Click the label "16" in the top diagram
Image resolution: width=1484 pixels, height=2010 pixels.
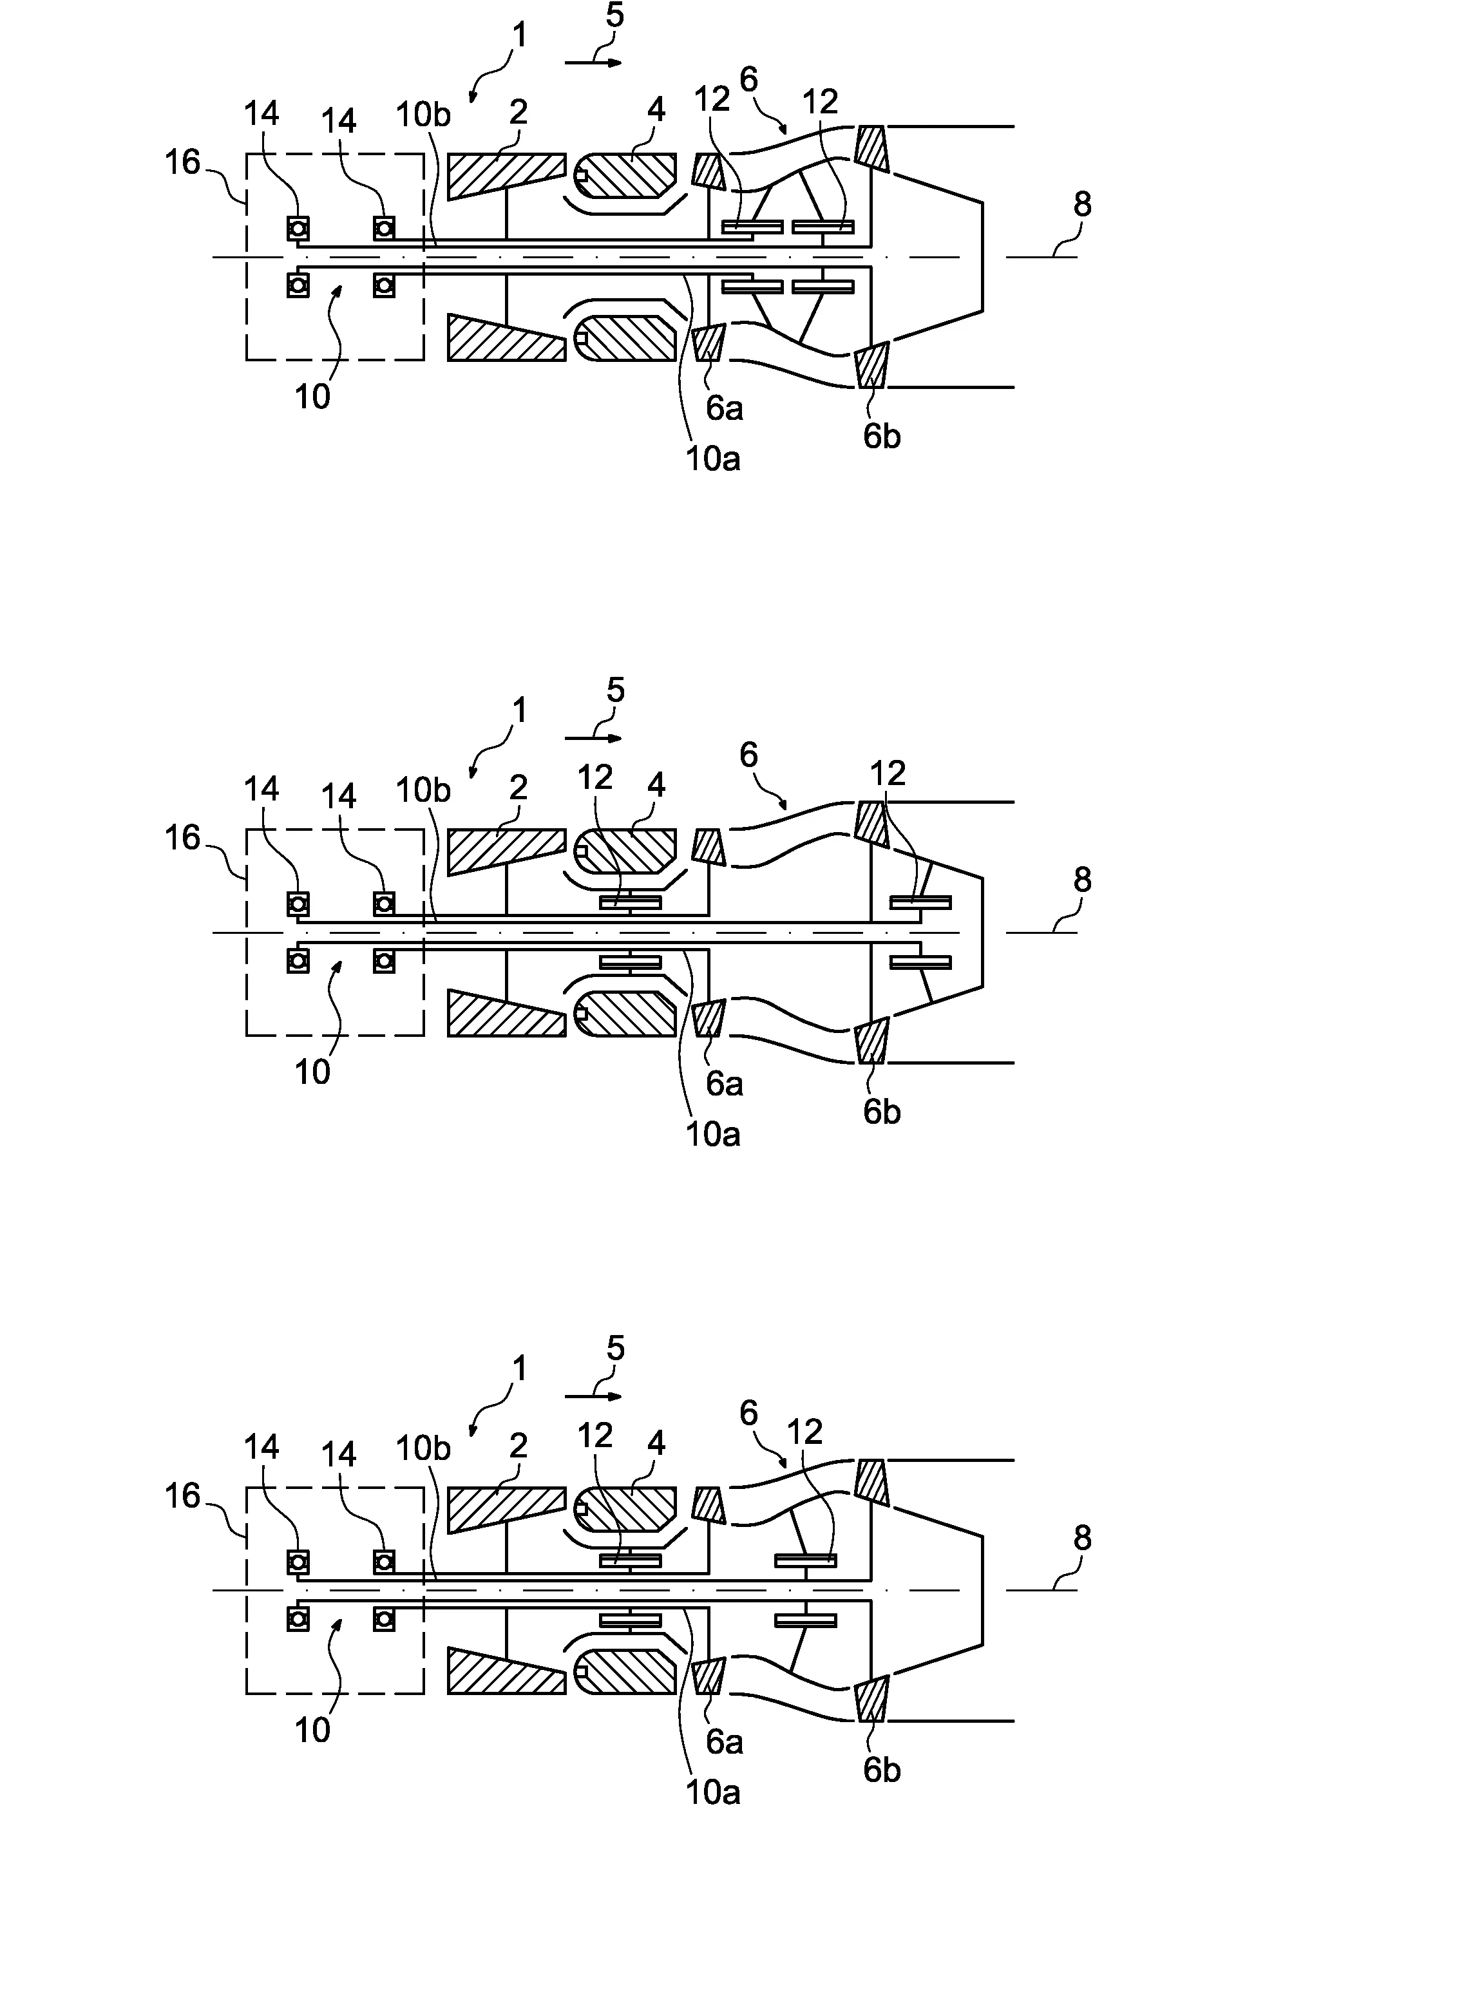pos(182,162)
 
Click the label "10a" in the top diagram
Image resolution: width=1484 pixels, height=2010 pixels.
pos(712,460)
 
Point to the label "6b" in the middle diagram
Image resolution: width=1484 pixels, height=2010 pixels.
pos(881,1112)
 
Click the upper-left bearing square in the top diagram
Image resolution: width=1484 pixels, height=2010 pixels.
pos(298,228)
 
